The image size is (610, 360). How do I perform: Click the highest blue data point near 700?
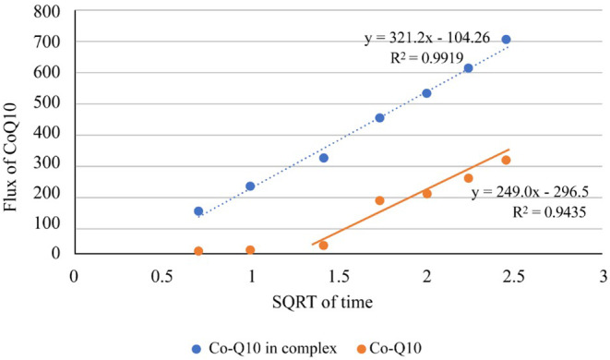click(506, 40)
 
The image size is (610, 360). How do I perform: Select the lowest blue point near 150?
click(198, 211)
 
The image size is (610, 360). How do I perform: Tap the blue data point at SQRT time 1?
click(250, 186)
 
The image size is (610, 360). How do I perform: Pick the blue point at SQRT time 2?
click(426, 93)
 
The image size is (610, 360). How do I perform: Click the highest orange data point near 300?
click(506, 160)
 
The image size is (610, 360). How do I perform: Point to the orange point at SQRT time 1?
click(250, 249)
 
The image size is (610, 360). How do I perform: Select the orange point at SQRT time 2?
click(426, 194)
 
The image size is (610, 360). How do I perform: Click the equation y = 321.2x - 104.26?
click(427, 38)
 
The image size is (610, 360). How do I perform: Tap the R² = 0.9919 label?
click(426, 57)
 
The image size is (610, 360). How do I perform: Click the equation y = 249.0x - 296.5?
click(530, 192)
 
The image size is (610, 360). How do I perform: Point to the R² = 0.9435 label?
click(549, 211)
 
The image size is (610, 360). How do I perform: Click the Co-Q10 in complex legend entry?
click(265, 348)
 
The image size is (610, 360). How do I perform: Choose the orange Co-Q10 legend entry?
click(389, 348)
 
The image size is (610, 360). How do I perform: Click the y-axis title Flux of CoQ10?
click(10, 157)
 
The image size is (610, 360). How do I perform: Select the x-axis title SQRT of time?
click(322, 302)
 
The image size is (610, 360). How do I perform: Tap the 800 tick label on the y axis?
click(47, 12)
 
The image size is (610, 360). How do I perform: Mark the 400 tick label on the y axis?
click(47, 134)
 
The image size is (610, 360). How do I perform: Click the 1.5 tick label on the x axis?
click(340, 276)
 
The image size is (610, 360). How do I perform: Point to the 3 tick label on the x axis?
click(604, 276)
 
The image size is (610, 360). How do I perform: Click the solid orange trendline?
click(411, 197)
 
